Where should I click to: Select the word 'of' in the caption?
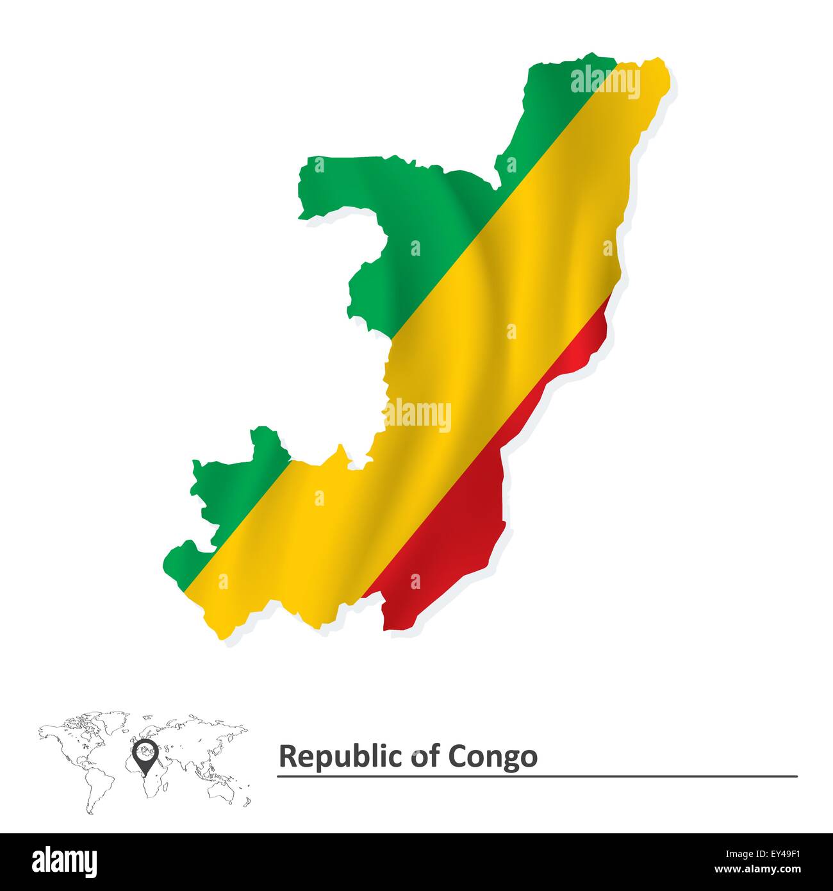click(x=424, y=756)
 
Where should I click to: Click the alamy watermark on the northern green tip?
click(x=604, y=82)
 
